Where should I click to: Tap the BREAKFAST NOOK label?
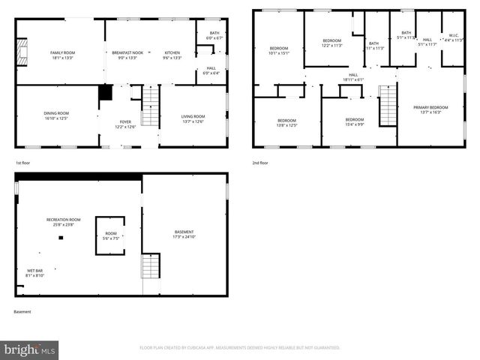(x=127, y=52)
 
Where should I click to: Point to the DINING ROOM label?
(x=55, y=112)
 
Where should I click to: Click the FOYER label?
(x=124, y=121)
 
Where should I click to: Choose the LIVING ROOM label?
(x=193, y=115)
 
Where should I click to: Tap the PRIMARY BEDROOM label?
(x=430, y=107)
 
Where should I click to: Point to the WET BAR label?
(x=34, y=271)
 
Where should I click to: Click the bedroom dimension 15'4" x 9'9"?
(x=355, y=125)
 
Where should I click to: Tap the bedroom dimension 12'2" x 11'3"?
(x=332, y=46)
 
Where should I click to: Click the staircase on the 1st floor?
(x=151, y=106)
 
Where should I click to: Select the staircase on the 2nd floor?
(x=387, y=106)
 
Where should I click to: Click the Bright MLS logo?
(x=30, y=349)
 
